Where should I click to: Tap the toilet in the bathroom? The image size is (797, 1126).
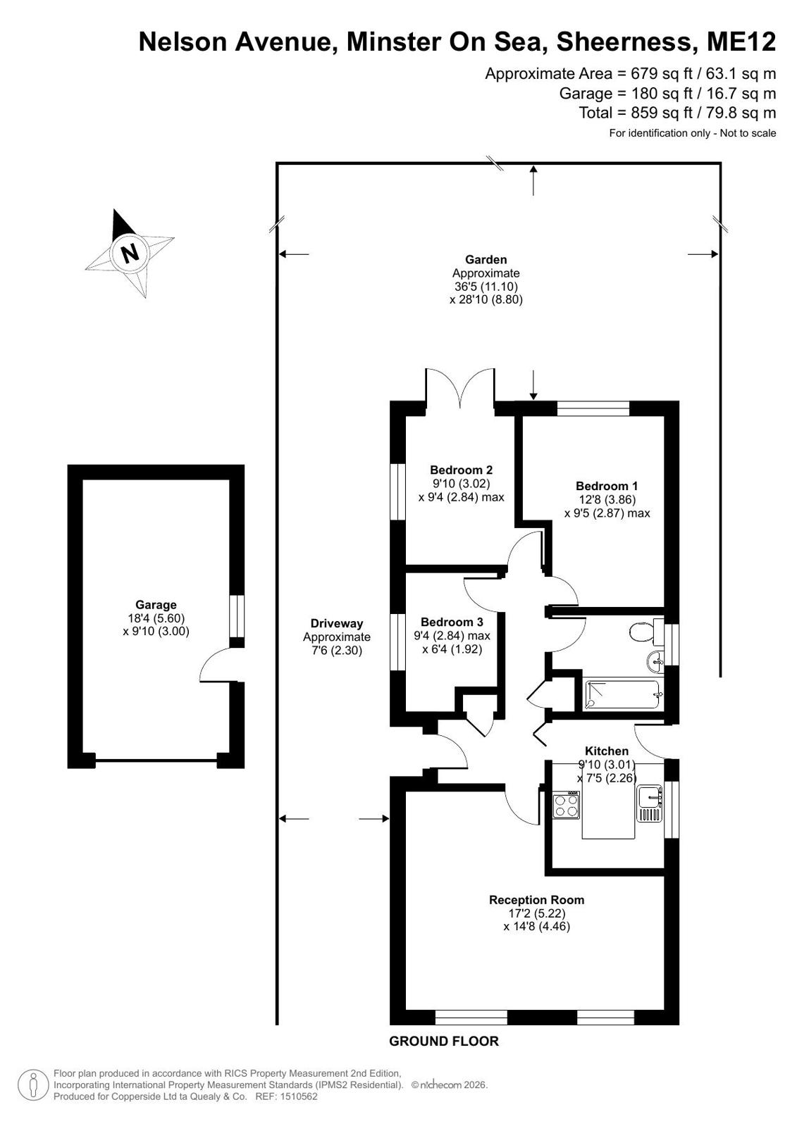tap(646, 632)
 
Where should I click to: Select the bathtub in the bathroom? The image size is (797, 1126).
tap(623, 695)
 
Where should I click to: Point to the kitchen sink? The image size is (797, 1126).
tap(650, 804)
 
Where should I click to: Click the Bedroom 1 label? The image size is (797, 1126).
tap(606, 486)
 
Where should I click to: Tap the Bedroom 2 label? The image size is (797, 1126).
tap(461, 470)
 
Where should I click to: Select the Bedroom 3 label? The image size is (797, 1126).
tap(452, 622)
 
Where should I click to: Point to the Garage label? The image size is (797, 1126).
tap(156, 605)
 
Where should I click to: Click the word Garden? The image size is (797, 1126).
tap(486, 259)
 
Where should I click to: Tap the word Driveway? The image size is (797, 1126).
tap(337, 623)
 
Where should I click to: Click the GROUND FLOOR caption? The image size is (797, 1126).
tap(444, 1041)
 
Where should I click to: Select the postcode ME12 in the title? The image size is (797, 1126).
tap(741, 42)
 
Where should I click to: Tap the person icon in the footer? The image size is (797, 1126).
tap(33, 1085)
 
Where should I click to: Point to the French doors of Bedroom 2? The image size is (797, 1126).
tap(460, 387)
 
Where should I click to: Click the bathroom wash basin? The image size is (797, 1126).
tap(656, 661)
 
